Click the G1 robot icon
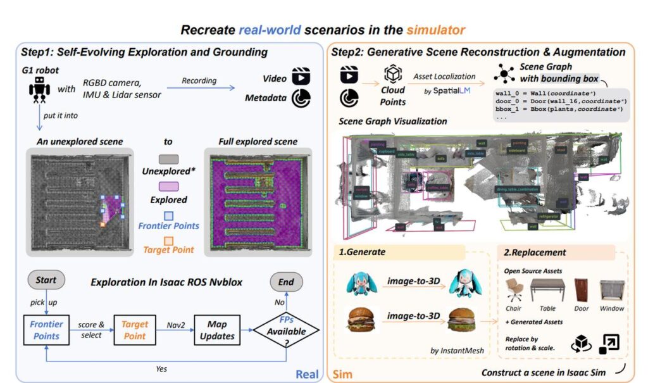39,91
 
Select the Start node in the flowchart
46,280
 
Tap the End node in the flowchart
287,280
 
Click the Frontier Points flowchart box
46,329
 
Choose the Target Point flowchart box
135,329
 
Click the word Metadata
265,98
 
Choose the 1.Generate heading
363,252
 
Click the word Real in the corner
307,374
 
